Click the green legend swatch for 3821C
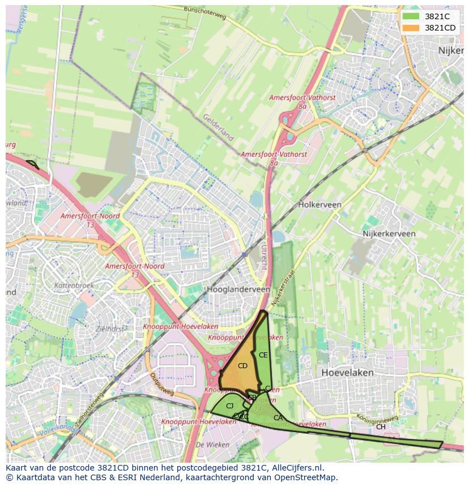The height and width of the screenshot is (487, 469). pyautogui.click(x=411, y=16)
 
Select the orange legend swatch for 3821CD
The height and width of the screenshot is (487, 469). pyautogui.click(x=411, y=28)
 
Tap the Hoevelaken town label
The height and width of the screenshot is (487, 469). pyautogui.click(x=347, y=373)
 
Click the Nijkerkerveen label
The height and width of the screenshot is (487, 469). pyautogui.click(x=389, y=234)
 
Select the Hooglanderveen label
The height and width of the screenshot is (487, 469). pyautogui.click(x=238, y=289)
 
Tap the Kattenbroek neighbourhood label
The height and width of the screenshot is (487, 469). pyautogui.click(x=74, y=286)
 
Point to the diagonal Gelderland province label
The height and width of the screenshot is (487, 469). pyautogui.click(x=218, y=127)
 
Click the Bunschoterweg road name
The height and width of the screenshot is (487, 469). pyautogui.click(x=205, y=13)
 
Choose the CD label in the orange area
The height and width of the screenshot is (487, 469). pyautogui.click(x=242, y=366)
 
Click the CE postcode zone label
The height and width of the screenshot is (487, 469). pyautogui.click(x=263, y=355)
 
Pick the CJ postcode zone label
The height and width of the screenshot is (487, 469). pyautogui.click(x=229, y=406)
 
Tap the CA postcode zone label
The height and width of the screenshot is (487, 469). pyautogui.click(x=278, y=418)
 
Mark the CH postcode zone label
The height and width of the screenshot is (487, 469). pyautogui.click(x=381, y=427)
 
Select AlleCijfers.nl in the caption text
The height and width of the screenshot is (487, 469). pyautogui.click(x=294, y=468)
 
